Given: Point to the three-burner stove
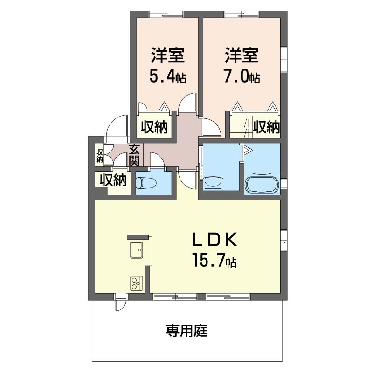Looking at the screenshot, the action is (136, 283).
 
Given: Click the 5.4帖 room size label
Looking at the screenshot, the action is (167, 76).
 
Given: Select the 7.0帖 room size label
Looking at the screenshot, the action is (242, 76).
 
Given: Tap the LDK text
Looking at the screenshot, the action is (215, 240).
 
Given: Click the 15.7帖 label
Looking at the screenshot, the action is (215, 261).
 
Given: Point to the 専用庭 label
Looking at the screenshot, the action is (187, 331).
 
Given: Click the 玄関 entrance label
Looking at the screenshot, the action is (134, 155).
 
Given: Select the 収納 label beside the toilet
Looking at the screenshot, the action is (113, 180).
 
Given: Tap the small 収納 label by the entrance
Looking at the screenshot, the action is (99, 156).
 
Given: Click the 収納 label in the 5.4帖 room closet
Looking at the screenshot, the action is (154, 127).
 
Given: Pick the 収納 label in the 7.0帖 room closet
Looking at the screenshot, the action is (266, 127).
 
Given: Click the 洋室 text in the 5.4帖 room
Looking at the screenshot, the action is (167, 55).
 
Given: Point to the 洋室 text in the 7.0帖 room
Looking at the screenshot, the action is (242, 55).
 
